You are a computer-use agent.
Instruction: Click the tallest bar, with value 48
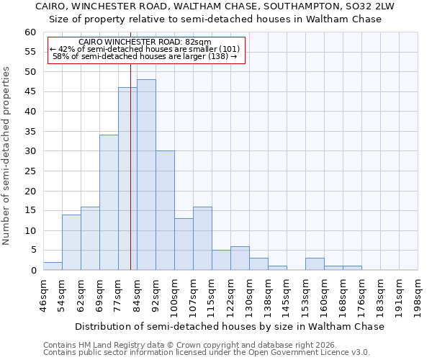tap(146, 175)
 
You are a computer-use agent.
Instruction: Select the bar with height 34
tap(109, 202)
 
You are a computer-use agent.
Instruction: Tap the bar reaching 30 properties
tap(165, 210)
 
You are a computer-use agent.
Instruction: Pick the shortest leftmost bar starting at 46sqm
tap(53, 266)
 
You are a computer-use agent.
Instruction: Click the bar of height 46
tap(127, 179)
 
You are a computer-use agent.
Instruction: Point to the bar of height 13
tap(184, 244)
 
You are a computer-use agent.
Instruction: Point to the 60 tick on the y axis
tap(30, 32)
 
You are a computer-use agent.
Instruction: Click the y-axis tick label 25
tap(30, 171)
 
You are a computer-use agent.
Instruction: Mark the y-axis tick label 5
tap(32, 251)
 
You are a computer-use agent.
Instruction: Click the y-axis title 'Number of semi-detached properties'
tap(7, 156)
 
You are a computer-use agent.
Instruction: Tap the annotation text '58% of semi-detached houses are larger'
tap(145, 56)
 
